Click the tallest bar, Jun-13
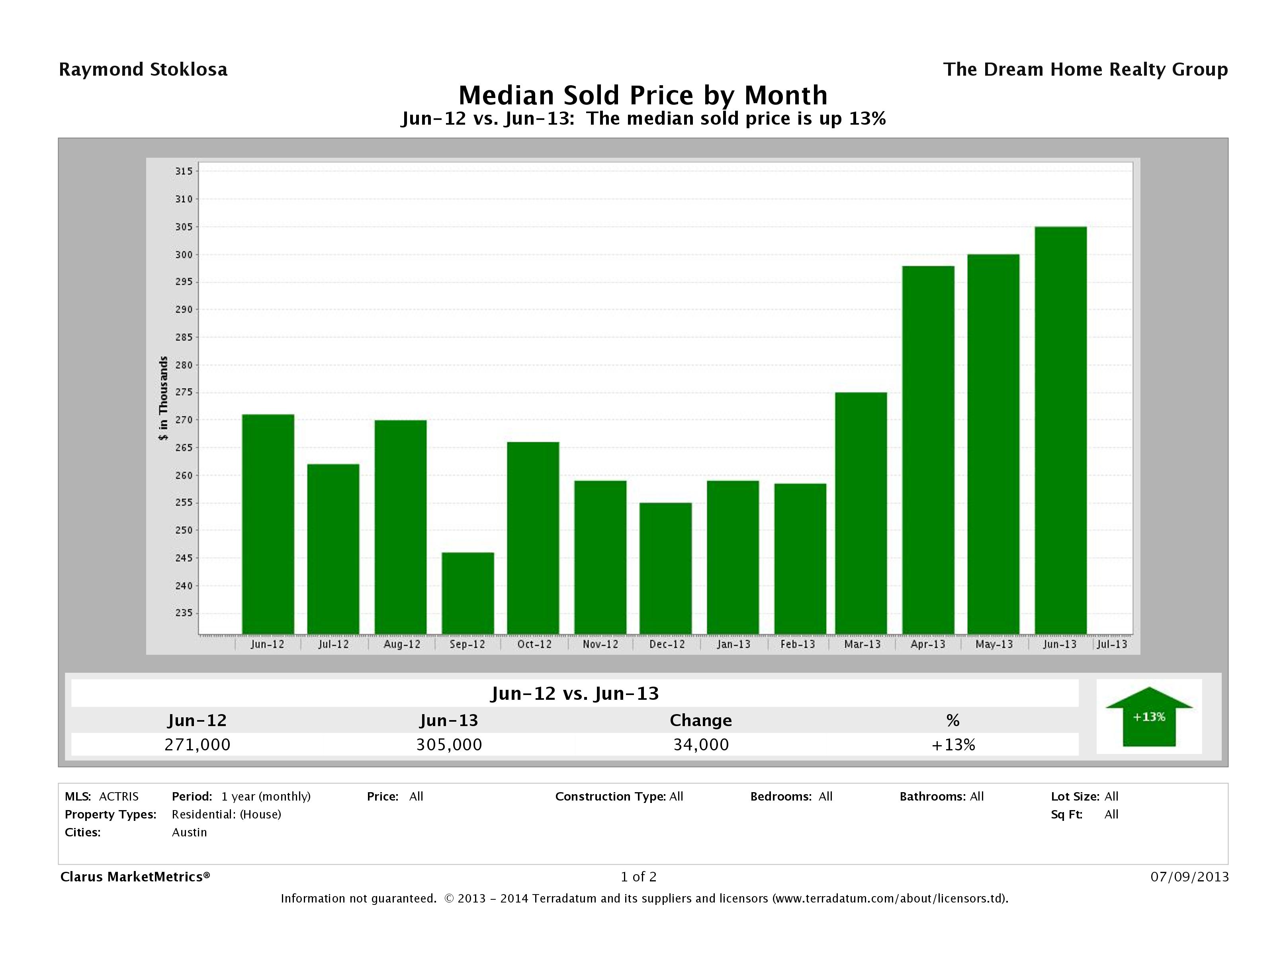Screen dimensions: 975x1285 1060,430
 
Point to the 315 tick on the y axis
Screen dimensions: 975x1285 184,171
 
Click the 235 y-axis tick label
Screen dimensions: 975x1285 184,613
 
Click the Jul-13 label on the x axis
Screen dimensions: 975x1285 1112,644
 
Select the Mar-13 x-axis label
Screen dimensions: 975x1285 862,644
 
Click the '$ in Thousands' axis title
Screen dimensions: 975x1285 164,398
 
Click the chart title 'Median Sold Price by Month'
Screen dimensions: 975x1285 643,95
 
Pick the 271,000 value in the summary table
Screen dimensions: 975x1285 198,744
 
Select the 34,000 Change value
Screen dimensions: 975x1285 700,744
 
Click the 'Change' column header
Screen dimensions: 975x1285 700,720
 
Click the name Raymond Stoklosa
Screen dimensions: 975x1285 143,70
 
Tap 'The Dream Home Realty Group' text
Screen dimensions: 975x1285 1085,70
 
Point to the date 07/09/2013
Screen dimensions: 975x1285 1189,877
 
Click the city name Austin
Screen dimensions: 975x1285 190,832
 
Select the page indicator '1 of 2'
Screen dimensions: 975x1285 638,877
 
